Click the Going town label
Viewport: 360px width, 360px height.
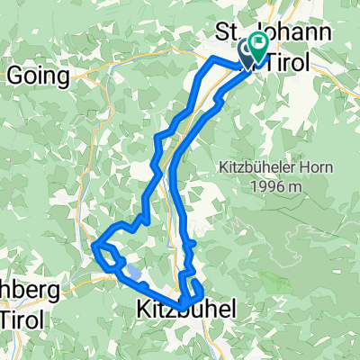38,76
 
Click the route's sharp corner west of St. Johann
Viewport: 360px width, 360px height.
211,59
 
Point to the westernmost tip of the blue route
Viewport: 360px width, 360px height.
94,244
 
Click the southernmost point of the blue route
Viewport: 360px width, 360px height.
184,303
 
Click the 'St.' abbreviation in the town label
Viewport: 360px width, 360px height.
226,32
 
